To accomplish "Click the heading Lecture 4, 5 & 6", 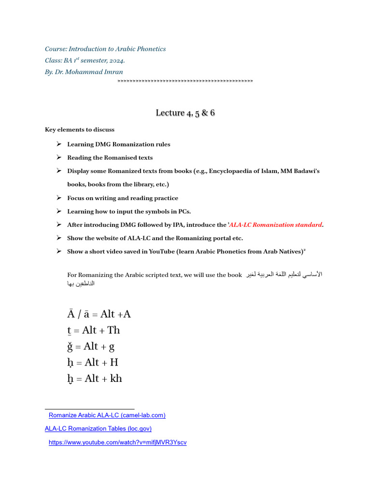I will click(x=185, y=113).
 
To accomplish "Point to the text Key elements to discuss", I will click(x=80, y=130).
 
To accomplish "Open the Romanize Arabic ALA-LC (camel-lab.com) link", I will click(x=107, y=415).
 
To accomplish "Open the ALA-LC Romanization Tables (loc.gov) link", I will click(x=98, y=428).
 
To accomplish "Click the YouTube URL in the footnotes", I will click(x=117, y=442).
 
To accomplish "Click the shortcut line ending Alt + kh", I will click(x=95, y=379).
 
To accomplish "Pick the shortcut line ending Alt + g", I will click(x=91, y=346).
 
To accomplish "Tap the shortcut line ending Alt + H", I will click(x=93, y=363).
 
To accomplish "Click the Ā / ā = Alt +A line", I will click(x=99, y=314).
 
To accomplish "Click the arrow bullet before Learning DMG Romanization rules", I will click(x=58, y=144).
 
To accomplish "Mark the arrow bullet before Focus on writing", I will click(x=58, y=198).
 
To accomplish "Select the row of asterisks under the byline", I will click(x=185, y=81).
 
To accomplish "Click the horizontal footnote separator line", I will click(x=89, y=409).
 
